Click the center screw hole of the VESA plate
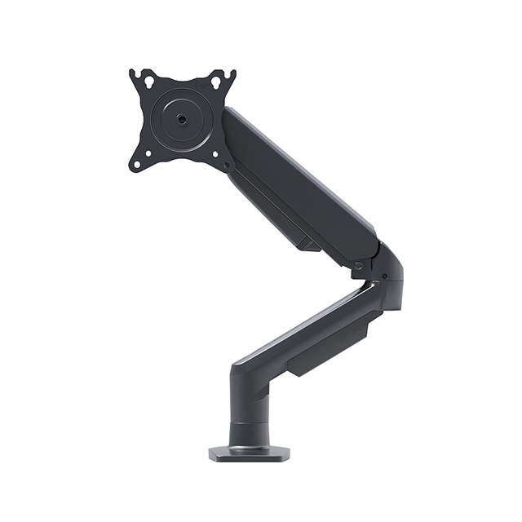181,119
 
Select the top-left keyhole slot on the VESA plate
148,82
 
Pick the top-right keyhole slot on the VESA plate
216,83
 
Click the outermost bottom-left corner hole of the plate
136,164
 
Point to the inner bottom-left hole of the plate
148,153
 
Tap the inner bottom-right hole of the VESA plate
215,153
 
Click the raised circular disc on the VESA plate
181,120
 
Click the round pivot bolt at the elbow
359,266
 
